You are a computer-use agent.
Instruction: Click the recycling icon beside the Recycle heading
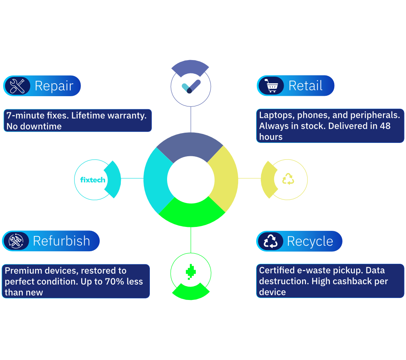pos(270,241)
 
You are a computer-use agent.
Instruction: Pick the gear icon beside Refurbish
pos(16,241)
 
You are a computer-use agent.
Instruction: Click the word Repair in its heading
pos(54,86)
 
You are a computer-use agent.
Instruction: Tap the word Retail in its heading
pos(305,86)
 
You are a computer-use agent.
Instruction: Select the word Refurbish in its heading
pos(62,241)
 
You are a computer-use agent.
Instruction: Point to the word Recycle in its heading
pos(310,241)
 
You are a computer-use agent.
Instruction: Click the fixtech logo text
pos(93,180)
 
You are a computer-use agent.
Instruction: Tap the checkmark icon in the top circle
pos(191,86)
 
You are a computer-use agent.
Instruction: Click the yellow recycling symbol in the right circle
pos(288,179)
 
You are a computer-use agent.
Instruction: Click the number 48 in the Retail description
pos(385,126)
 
